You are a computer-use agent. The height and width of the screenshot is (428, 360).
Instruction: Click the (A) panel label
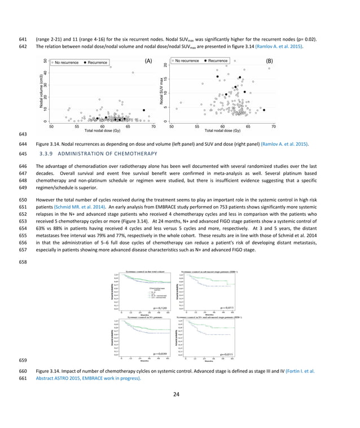coord(149,60)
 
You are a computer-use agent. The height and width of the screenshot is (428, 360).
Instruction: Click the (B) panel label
coord(269,60)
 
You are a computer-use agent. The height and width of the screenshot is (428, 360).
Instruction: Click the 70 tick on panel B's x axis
coord(274,126)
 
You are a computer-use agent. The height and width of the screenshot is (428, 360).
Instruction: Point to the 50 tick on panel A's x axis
coord(51,126)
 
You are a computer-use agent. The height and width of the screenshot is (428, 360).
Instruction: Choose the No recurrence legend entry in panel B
coord(186,60)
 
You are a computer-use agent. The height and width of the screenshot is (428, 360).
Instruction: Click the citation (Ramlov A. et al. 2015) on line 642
coord(279,46)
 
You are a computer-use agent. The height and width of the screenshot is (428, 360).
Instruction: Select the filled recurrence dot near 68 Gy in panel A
coord(143,110)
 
